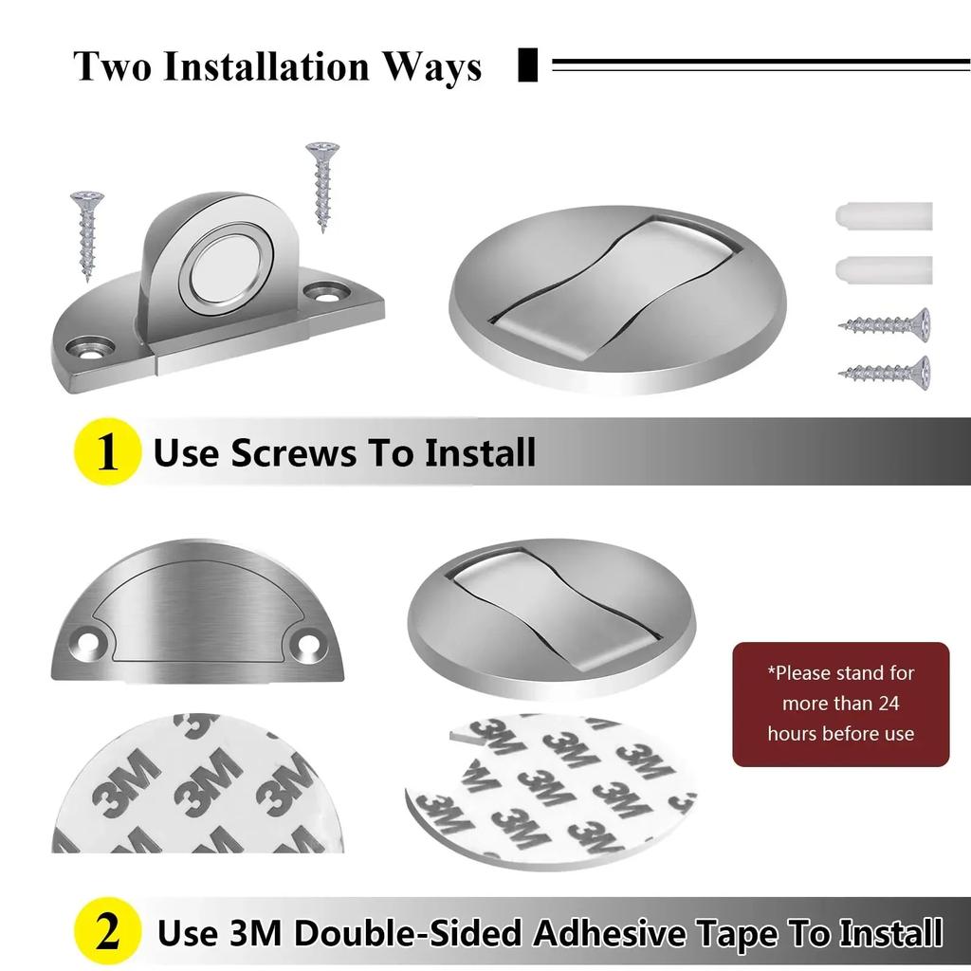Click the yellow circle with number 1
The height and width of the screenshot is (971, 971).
tap(107, 452)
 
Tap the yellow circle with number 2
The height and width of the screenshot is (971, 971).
tap(107, 932)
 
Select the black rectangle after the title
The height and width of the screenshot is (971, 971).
tap(528, 66)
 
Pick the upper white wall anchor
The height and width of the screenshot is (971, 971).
tap(884, 216)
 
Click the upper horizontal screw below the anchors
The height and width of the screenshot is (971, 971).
tap(884, 325)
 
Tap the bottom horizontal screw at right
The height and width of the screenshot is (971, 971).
tap(884, 370)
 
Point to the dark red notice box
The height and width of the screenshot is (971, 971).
tap(840, 704)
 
